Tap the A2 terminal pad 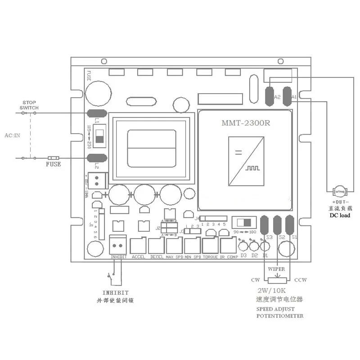(271, 96)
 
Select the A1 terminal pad (288, 96)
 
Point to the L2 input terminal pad (97, 157)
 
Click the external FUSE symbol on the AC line (54, 157)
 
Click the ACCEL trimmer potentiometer (138, 246)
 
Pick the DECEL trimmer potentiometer (156, 246)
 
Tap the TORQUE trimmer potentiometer (210, 246)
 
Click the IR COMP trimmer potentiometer (228, 246)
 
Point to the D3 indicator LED (243, 246)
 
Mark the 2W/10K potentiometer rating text (272, 290)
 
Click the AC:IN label (12, 135)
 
